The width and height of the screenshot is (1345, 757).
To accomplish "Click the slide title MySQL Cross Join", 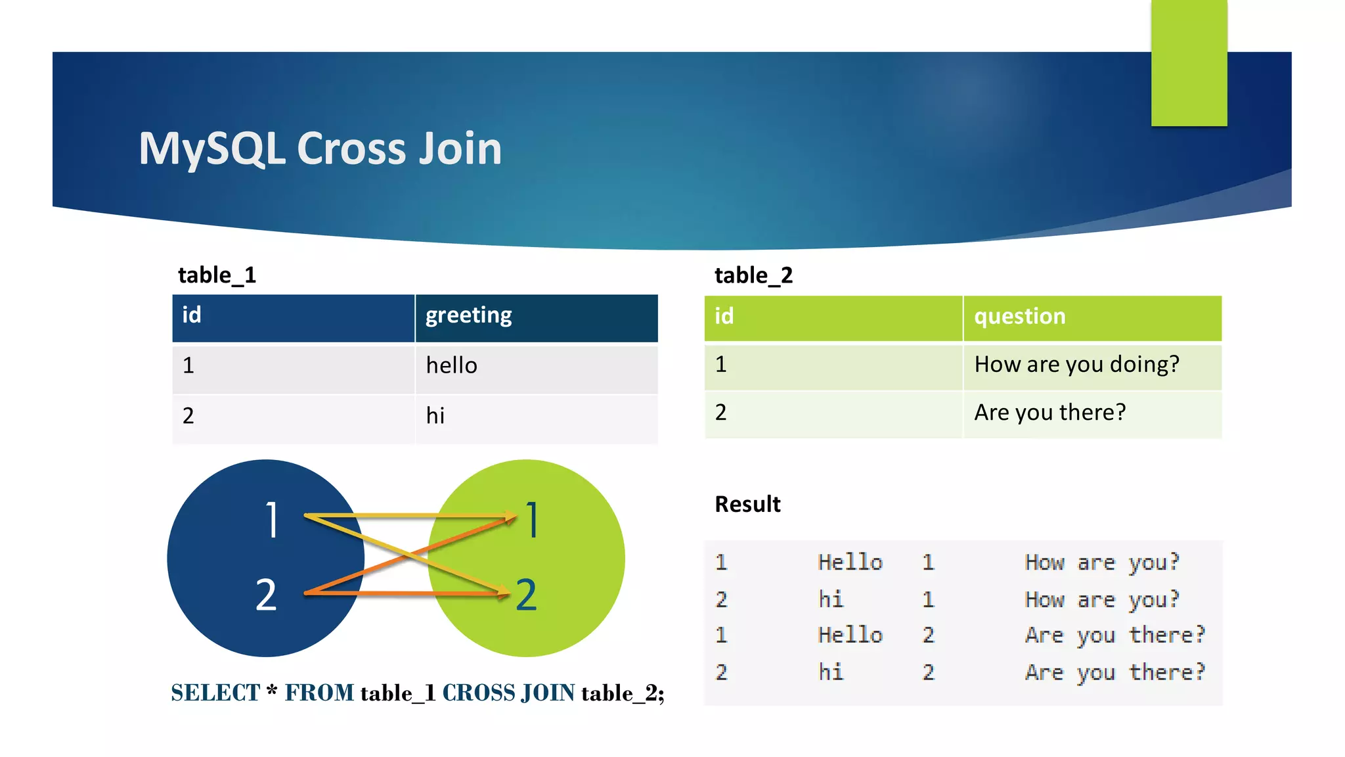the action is pos(320,149).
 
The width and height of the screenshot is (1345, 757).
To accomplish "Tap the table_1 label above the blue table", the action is pos(217,275).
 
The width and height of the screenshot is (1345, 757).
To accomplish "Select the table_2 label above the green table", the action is pos(753,275).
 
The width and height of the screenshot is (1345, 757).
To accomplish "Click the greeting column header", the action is pos(468,315).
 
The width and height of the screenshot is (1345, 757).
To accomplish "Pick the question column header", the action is pos(1019,317).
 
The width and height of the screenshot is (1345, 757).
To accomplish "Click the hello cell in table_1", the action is pos(451,365).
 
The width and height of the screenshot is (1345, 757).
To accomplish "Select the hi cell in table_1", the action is pos(435,416).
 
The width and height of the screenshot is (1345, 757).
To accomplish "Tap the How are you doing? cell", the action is pos(1076,365).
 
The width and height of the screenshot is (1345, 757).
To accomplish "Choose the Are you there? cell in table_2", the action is pos(1049,413).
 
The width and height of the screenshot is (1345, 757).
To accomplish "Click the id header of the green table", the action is pos(724,317).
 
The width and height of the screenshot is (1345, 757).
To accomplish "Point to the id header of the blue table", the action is pos(192,315).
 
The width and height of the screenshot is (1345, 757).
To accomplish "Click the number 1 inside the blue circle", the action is pos(272,520).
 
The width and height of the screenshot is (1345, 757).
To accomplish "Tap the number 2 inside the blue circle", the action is pos(266,595).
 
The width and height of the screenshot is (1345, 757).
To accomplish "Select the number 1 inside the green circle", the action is pos(533,520).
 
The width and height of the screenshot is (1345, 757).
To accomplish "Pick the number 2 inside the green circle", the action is pos(526,595).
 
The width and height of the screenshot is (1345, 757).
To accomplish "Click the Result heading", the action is pos(747,504).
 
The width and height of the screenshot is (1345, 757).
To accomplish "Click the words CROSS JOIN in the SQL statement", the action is pos(508,693).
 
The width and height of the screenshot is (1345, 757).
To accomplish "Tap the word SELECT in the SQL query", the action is pos(215,693).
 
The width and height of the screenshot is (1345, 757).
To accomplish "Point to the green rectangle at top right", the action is pos(1189,62).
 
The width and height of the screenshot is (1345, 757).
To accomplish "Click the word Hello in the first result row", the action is pos(850,562).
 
